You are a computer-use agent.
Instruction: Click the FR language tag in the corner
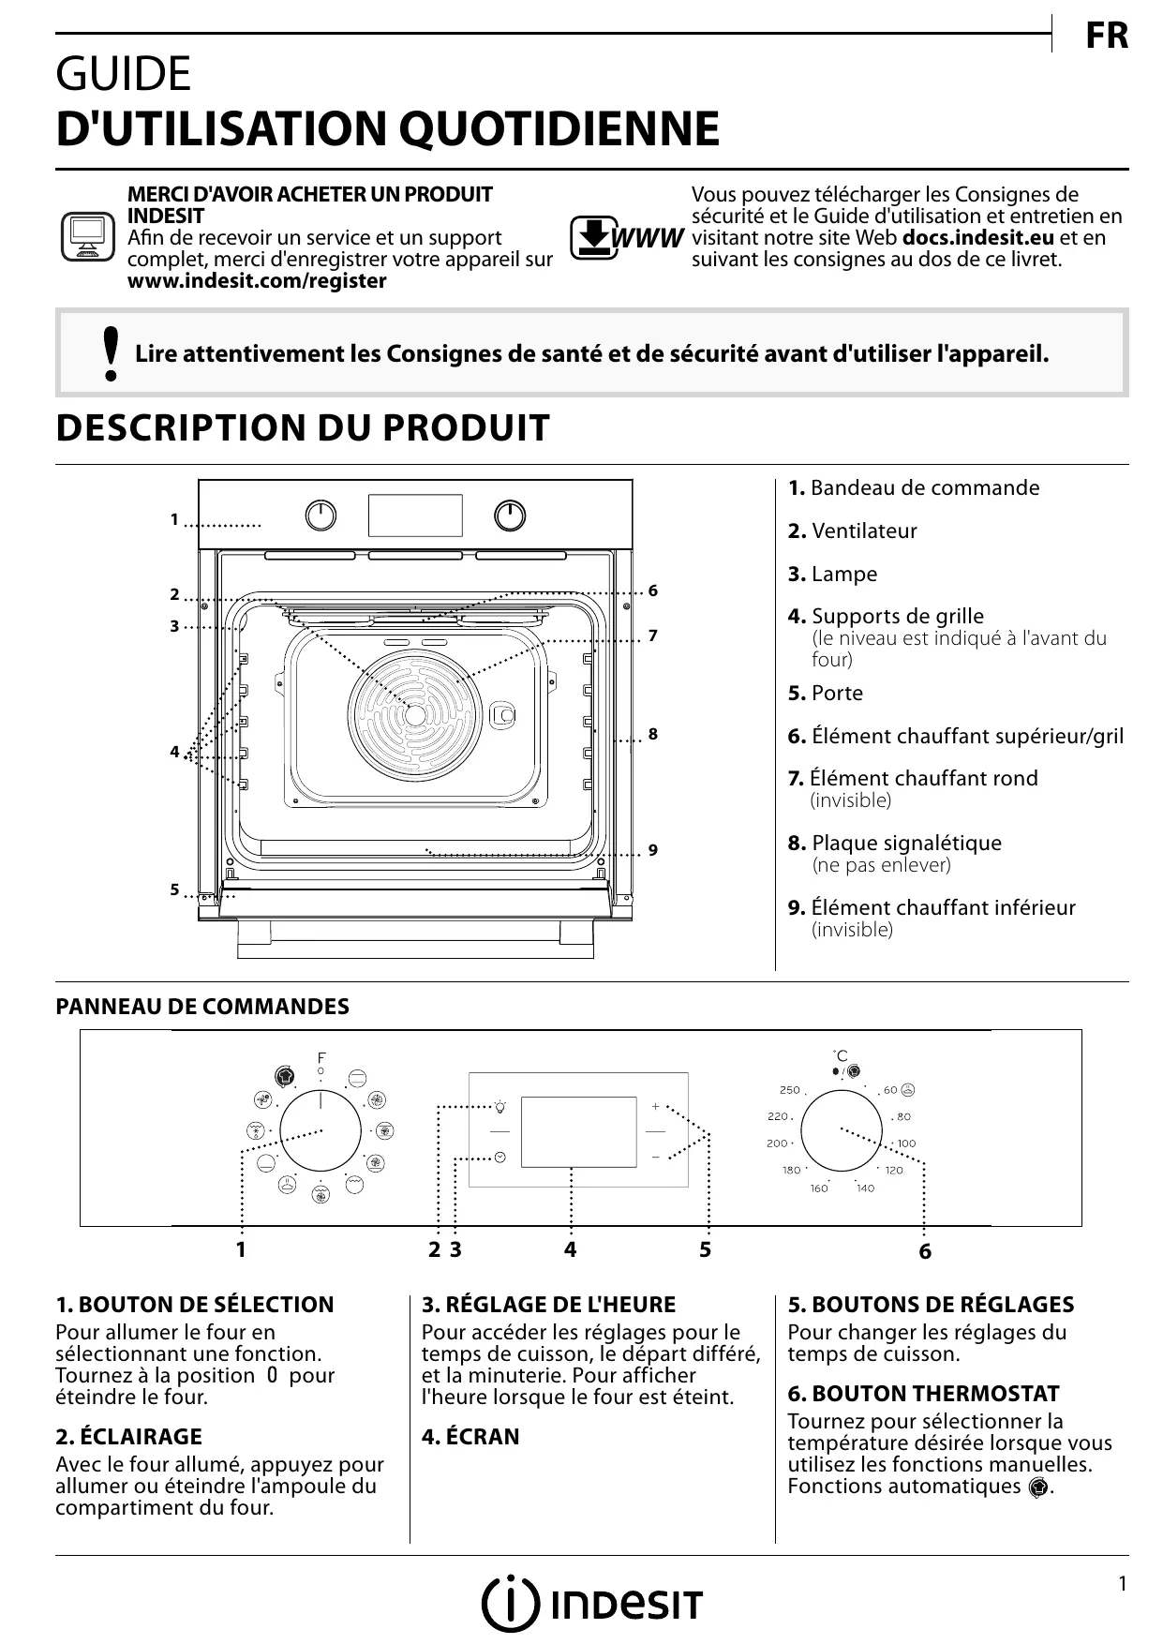pyautogui.click(x=1107, y=37)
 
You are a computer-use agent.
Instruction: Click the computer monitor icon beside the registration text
pyautogui.click(x=87, y=236)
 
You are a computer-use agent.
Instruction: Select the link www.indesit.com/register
pyautogui.click(x=257, y=281)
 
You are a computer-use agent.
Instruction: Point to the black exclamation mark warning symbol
pyautogui.click(x=112, y=354)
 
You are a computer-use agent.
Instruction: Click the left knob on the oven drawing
pyautogui.click(x=321, y=516)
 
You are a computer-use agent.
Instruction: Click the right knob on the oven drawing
pyautogui.click(x=510, y=516)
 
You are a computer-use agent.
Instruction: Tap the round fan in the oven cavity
pyautogui.click(x=415, y=712)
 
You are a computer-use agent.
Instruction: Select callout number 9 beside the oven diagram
pyautogui.click(x=653, y=850)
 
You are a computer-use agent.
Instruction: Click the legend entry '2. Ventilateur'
pyautogui.click(x=852, y=531)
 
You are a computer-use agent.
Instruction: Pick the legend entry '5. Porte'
pyautogui.click(x=825, y=694)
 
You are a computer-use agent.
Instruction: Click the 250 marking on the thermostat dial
pyautogui.click(x=790, y=1090)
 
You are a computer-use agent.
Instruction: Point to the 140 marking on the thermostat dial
pyautogui.click(x=865, y=1188)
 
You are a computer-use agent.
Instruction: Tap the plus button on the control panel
pyautogui.click(x=656, y=1107)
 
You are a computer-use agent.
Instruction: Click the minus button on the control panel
pyautogui.click(x=656, y=1158)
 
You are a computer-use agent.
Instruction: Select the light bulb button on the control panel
pyautogui.click(x=500, y=1107)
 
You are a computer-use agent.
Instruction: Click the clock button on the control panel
pyautogui.click(x=500, y=1158)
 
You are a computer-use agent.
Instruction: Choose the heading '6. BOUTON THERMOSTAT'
pyautogui.click(x=923, y=1394)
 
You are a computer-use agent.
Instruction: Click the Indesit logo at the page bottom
pyautogui.click(x=591, y=1605)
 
